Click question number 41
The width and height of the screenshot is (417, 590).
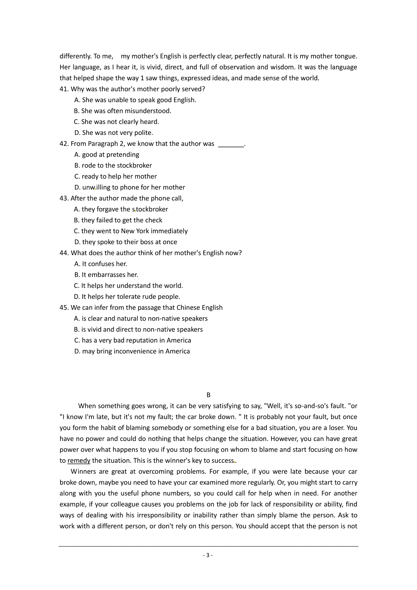point(64,89)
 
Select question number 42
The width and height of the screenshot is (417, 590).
point(64,144)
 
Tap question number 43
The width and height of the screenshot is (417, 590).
point(64,198)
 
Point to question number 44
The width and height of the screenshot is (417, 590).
point(64,253)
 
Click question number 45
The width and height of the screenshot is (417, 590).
point(64,308)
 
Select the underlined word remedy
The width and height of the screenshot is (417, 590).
point(79,461)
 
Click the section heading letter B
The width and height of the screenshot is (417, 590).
point(208,395)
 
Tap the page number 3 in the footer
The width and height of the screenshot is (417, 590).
point(207,555)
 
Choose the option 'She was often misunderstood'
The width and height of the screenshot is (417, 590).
point(123,111)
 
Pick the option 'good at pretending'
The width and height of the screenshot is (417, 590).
point(107,155)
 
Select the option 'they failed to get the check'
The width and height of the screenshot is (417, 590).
point(118,220)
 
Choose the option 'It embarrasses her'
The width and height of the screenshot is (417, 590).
point(106,275)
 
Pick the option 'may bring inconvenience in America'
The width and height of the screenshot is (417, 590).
point(132,351)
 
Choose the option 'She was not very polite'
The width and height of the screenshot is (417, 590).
point(114,133)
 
